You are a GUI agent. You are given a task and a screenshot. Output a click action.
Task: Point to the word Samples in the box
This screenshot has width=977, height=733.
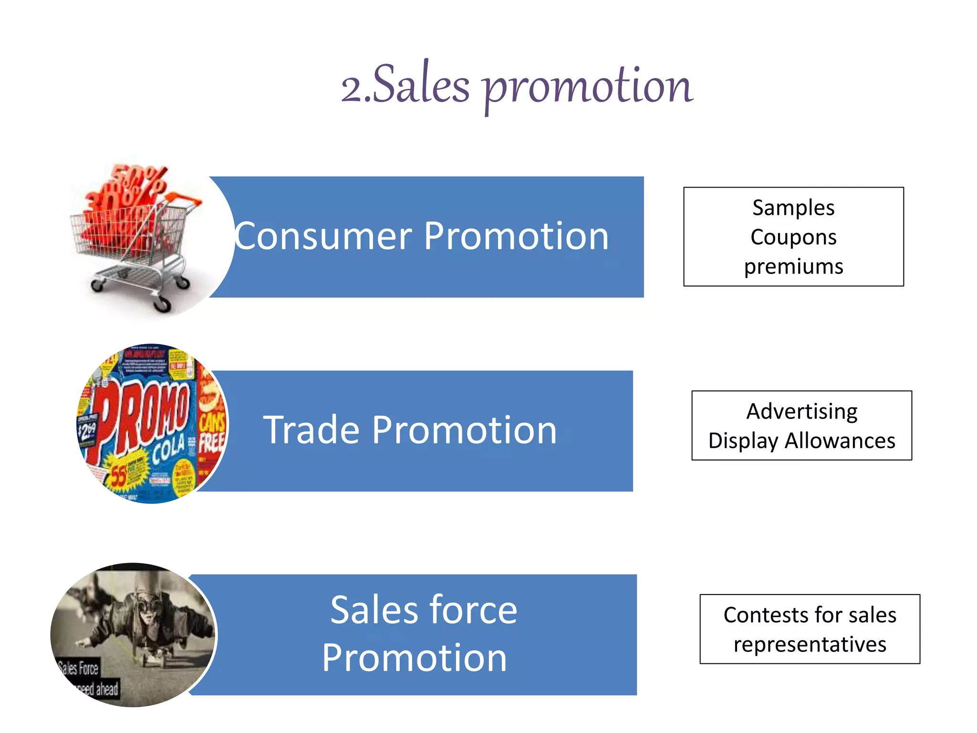point(793,208)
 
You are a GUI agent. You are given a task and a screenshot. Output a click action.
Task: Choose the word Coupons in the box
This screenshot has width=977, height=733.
point(793,237)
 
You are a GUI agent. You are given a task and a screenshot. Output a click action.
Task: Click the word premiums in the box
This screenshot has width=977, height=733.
point(793,267)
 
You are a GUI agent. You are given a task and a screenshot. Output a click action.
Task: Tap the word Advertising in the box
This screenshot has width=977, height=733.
point(801,412)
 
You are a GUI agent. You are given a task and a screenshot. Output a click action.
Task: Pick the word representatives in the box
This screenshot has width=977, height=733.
point(810,645)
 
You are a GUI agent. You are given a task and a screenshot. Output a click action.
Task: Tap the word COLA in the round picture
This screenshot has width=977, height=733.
point(168,450)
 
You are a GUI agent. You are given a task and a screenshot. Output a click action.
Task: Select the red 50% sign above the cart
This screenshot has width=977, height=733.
point(138,177)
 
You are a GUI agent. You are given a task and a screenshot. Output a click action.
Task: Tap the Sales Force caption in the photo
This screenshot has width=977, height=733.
point(79,669)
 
